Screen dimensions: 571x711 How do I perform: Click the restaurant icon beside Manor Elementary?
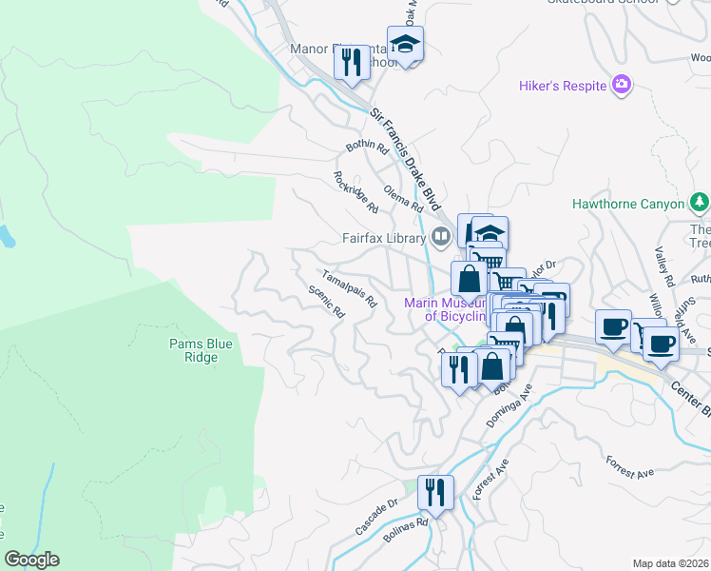[x=353, y=64]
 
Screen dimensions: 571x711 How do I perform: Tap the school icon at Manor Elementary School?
[x=405, y=45]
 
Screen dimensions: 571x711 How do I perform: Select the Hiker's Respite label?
[x=563, y=87]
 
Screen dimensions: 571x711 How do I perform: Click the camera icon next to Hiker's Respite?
[x=622, y=86]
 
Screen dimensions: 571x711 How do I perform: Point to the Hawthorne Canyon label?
[x=628, y=204]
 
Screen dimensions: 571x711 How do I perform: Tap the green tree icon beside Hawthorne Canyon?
[x=700, y=203]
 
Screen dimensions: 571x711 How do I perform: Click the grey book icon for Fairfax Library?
[x=441, y=236]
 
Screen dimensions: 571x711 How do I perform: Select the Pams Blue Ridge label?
[x=193, y=350]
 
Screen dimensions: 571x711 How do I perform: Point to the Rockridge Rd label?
[x=355, y=191]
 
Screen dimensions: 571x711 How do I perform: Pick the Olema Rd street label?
[x=403, y=199]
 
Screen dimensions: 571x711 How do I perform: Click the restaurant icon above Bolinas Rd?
[x=434, y=493]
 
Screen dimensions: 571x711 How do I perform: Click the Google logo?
[x=31, y=560]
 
